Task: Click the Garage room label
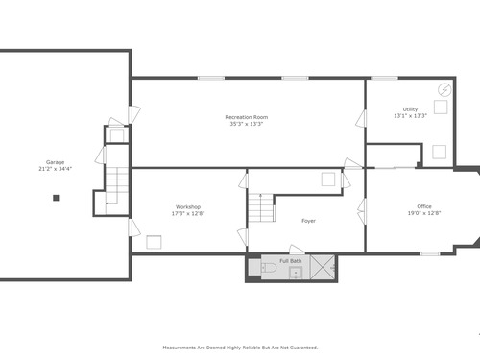click(55, 162)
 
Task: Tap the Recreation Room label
click(247, 117)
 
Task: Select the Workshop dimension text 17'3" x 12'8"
click(188, 213)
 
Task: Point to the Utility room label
click(410, 109)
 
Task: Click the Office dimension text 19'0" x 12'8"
click(424, 213)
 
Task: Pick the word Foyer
click(308, 221)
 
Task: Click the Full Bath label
click(291, 261)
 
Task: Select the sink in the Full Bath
click(296, 274)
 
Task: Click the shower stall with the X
click(323, 267)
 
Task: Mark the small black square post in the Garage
click(56, 198)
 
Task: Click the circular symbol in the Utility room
click(444, 90)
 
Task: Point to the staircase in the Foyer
click(261, 207)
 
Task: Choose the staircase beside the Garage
click(117, 185)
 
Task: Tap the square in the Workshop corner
click(154, 242)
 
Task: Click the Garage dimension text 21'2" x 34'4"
click(55, 169)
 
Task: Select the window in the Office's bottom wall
click(430, 253)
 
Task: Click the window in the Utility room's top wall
click(384, 78)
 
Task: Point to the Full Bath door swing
click(297, 250)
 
